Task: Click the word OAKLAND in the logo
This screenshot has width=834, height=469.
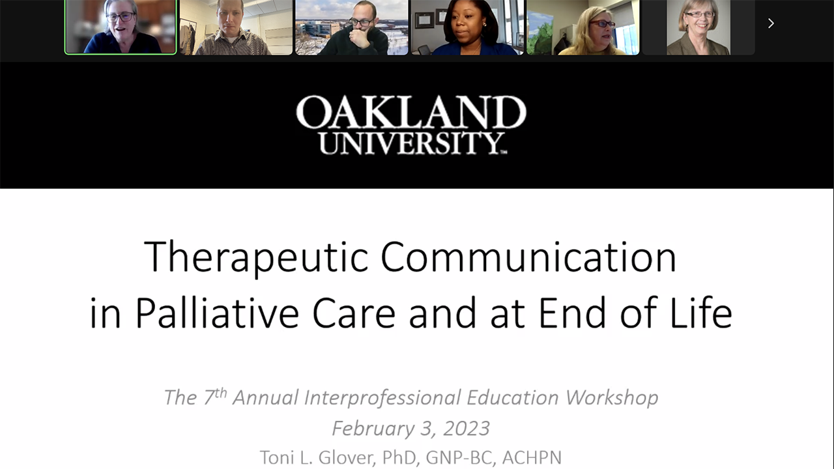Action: coord(411,113)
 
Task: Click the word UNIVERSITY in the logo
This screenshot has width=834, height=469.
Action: coord(411,143)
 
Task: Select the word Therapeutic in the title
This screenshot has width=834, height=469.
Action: coord(256,257)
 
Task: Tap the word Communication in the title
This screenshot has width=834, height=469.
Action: coord(528,257)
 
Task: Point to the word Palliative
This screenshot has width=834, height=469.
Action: coord(216,313)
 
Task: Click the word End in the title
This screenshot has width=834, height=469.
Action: coord(568,313)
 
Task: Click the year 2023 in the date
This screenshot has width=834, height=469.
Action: coord(467,429)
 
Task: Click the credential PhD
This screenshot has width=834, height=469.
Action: coord(397,457)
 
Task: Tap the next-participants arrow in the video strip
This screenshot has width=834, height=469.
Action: coord(771,23)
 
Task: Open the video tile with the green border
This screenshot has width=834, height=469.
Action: coord(121,27)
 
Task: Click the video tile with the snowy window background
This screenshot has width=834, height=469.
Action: coord(352,27)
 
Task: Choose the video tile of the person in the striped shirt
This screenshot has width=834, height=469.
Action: coord(236,27)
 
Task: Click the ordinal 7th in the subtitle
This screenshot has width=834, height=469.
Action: coord(214,396)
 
